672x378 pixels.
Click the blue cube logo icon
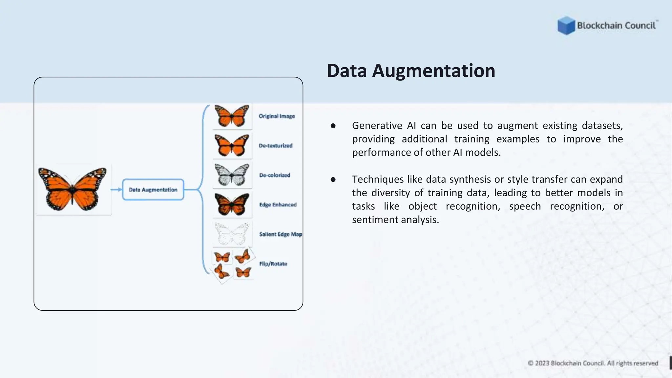(x=566, y=26)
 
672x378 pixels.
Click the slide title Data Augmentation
(x=411, y=71)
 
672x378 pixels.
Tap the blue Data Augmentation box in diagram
(x=153, y=190)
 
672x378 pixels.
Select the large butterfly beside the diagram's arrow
(x=72, y=189)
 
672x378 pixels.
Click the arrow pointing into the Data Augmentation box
(x=116, y=190)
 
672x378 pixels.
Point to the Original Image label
(x=277, y=116)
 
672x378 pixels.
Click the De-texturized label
(x=275, y=146)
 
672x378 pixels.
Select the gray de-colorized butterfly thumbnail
(x=232, y=175)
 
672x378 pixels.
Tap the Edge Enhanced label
(x=278, y=205)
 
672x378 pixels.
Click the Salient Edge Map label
(x=280, y=234)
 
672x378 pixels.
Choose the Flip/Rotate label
(x=273, y=264)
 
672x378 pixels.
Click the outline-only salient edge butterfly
(x=232, y=234)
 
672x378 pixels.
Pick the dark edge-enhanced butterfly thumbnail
(x=232, y=204)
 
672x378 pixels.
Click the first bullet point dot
(x=333, y=126)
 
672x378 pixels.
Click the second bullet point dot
(x=333, y=179)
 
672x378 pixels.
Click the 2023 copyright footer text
(x=593, y=363)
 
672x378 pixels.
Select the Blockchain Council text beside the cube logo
(x=616, y=26)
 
